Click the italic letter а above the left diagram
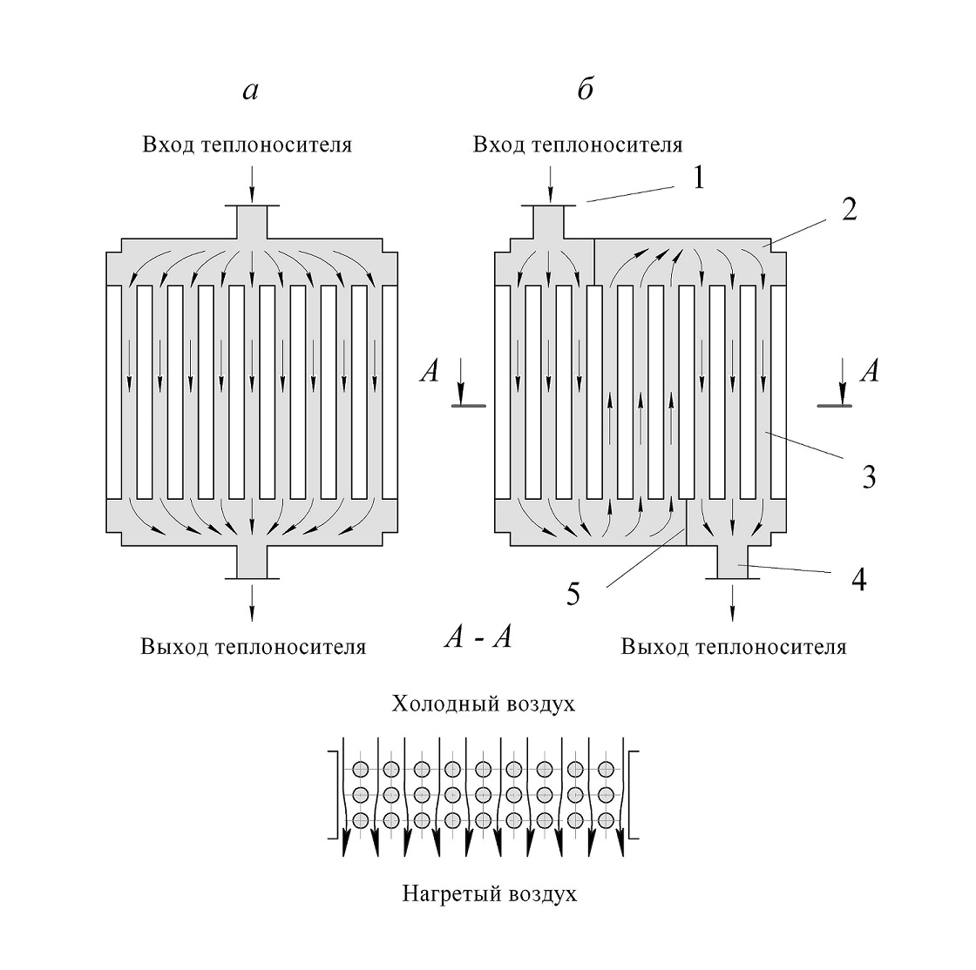click(250, 91)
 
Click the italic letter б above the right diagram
click(585, 89)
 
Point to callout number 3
click(868, 477)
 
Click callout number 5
click(572, 595)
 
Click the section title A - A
click(478, 638)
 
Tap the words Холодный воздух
click(484, 703)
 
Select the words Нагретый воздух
click(490, 893)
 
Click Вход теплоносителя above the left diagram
click(247, 145)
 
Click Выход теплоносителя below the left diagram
click(253, 647)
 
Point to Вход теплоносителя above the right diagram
click(578, 145)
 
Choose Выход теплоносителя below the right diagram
click(734, 647)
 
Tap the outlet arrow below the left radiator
click(253, 601)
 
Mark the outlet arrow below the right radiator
click(732, 601)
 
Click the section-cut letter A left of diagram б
click(430, 373)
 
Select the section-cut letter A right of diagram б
click(869, 373)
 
